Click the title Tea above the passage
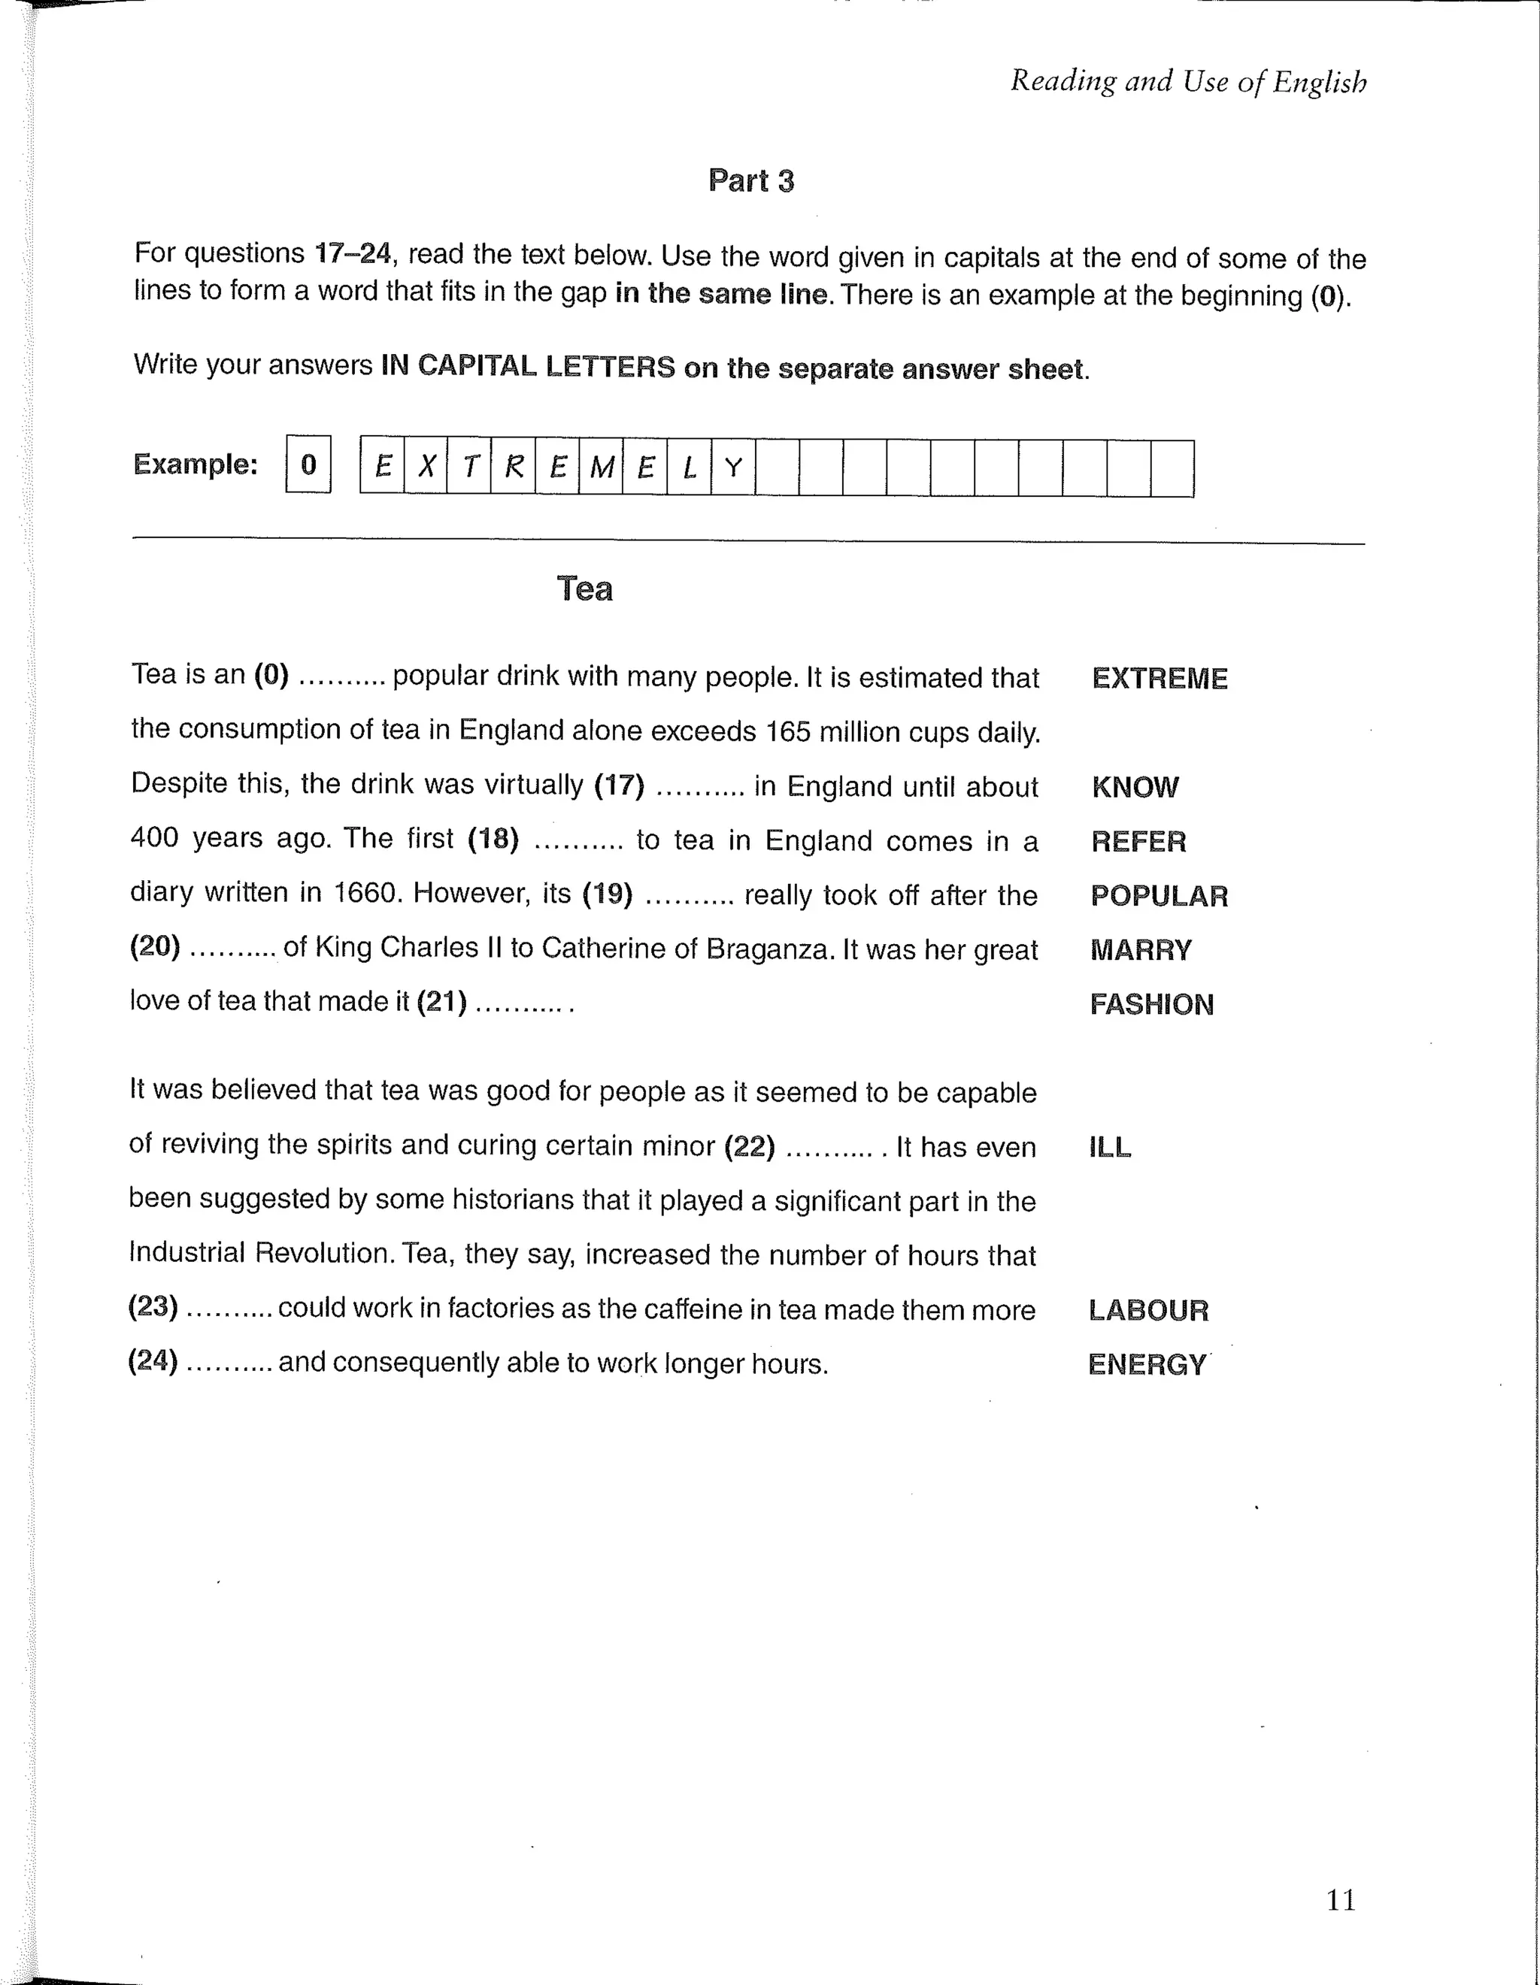[x=584, y=589]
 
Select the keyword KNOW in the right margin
[x=1135, y=787]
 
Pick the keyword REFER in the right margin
[x=1138, y=842]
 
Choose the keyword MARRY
[x=1140, y=951]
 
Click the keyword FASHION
[x=1151, y=1004]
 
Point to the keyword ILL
[x=1110, y=1147]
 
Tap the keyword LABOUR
[x=1148, y=1311]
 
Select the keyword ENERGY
[x=1147, y=1364]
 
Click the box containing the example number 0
[x=308, y=464]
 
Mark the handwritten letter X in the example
[x=426, y=468]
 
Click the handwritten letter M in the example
[x=601, y=468]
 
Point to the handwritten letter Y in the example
[x=732, y=468]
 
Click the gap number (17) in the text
[x=619, y=785]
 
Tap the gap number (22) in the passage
[x=749, y=1146]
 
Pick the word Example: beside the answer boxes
[x=196, y=464]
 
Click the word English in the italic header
[x=1319, y=83]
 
